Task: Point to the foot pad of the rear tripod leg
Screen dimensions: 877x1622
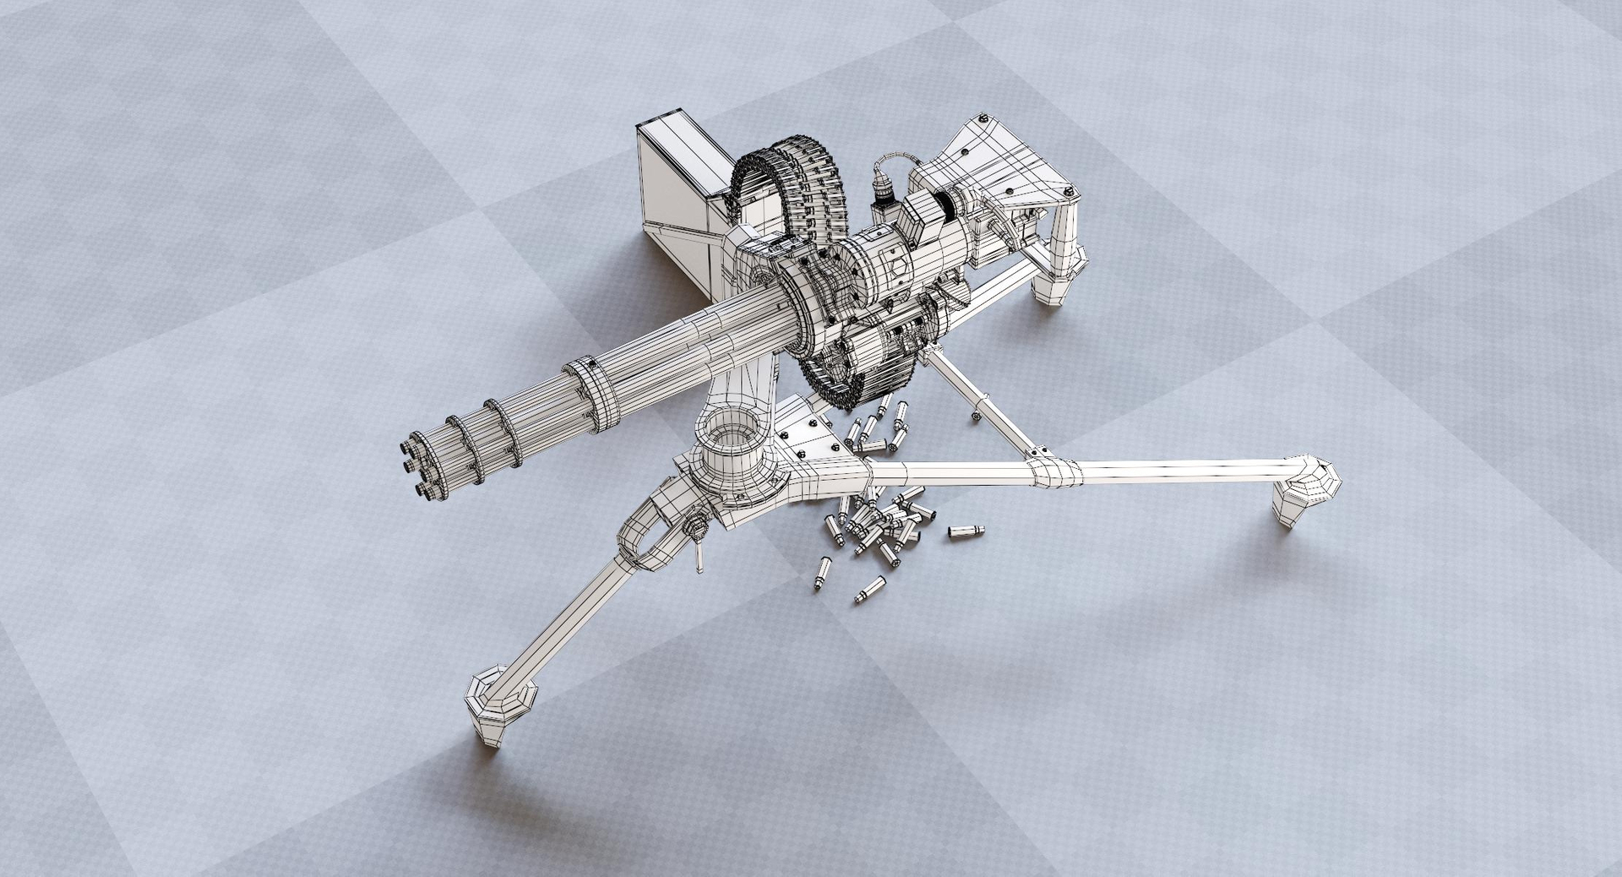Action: [x=1059, y=279]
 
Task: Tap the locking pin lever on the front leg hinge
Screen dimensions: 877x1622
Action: [x=700, y=541]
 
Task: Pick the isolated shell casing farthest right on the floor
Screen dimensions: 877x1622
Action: [x=965, y=531]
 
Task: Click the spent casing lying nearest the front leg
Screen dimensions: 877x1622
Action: [x=820, y=575]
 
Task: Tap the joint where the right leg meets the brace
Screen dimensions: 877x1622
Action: [x=1053, y=470]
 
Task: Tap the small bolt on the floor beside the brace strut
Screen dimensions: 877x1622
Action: [x=975, y=416]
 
